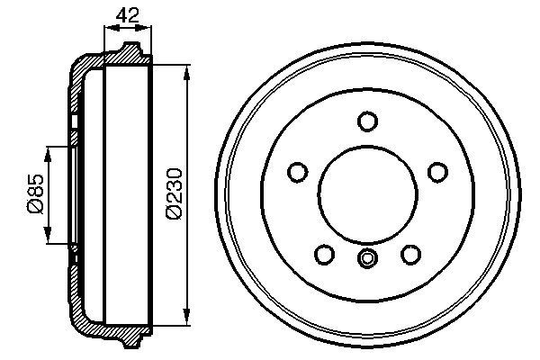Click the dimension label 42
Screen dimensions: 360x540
pos(129,15)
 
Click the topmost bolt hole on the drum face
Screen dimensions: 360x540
pos(366,121)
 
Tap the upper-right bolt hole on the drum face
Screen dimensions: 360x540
pos(438,171)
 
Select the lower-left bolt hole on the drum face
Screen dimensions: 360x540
pos(323,255)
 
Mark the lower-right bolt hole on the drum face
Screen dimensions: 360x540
pos(410,255)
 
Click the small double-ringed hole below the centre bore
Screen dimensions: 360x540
pos(366,259)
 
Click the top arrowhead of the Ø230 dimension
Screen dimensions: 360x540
pos(187,71)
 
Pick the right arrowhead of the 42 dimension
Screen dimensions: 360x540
pos(148,29)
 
